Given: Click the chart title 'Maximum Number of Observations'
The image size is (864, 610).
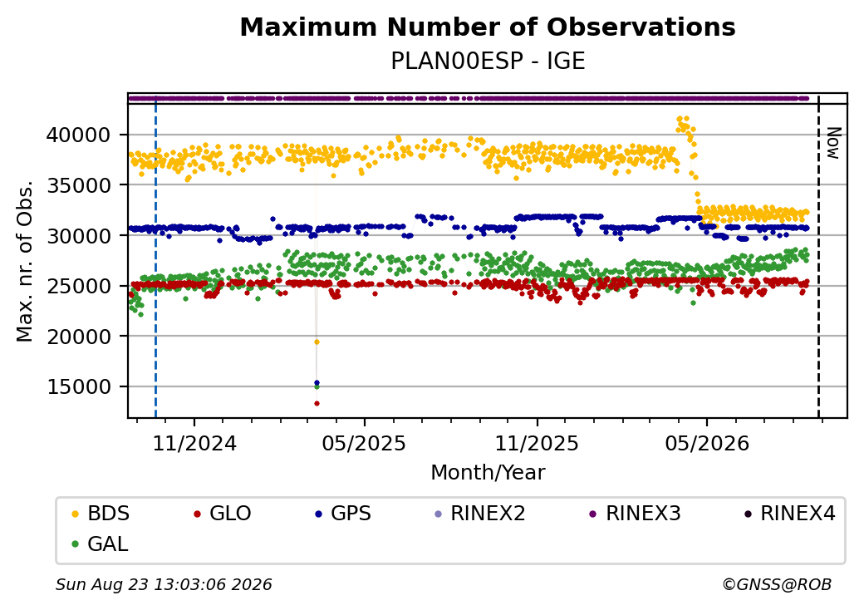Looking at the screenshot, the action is coord(488,27).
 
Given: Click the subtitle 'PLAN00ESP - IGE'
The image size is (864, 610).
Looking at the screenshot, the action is coord(488,61).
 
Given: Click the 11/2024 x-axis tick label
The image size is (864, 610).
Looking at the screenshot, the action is coord(194,444).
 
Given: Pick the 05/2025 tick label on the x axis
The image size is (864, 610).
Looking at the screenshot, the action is coord(364,444).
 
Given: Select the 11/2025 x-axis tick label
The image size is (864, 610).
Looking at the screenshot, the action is coord(537,444).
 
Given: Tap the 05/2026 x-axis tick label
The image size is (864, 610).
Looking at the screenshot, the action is coord(707,444).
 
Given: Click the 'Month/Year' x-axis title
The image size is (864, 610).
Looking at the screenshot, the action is coord(488,473).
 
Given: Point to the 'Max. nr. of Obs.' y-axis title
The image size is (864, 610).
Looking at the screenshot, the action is coord(25,261).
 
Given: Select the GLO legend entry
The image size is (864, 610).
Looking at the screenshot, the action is coord(223,514).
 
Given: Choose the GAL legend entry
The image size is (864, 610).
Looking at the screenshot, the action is coord(101,544).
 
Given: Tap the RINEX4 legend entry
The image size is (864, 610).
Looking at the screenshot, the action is coord(789,514).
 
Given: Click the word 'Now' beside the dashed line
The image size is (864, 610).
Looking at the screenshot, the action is coord(834,143).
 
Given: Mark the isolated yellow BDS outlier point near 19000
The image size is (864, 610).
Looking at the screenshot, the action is coord(317,342).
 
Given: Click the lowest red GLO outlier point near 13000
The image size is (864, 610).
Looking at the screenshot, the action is coord(317,403).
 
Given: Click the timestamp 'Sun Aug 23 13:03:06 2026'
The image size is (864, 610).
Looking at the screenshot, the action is coord(164,584).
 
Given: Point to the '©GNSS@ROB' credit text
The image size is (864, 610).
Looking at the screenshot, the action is coord(777,584).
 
